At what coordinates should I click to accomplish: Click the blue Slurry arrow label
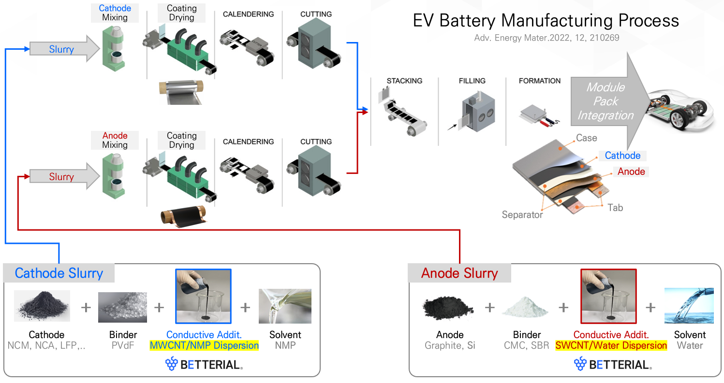(61, 49)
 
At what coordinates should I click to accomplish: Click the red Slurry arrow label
(61, 177)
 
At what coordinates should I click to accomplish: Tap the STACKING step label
(404, 81)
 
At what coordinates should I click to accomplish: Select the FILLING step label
(472, 81)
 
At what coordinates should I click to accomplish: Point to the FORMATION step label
(540, 81)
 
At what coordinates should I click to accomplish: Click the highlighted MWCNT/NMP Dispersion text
(204, 346)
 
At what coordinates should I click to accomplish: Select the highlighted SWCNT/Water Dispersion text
(611, 346)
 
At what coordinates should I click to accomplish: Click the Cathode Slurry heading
(59, 273)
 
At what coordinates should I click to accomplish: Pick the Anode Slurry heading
(459, 273)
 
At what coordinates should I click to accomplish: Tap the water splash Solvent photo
(690, 305)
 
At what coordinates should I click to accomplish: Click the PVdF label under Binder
(123, 346)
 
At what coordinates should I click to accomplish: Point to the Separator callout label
(522, 214)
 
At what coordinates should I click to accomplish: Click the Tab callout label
(615, 208)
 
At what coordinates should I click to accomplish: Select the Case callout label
(587, 138)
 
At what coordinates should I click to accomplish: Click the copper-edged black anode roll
(183, 216)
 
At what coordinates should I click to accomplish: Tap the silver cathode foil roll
(180, 91)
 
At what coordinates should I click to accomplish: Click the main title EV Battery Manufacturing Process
(546, 21)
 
